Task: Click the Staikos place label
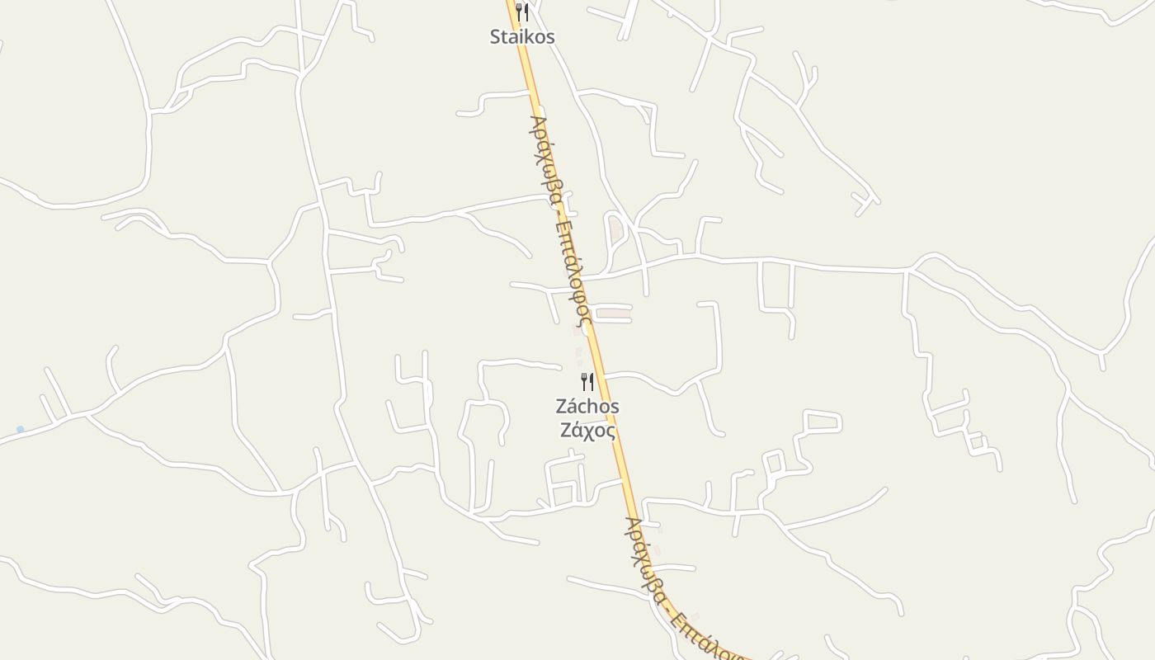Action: click(522, 37)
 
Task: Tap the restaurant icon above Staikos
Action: click(521, 12)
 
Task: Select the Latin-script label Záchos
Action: click(587, 407)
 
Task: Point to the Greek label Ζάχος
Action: click(587, 430)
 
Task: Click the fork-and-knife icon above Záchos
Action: click(587, 381)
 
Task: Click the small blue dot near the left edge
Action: click(20, 430)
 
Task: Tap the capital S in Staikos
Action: click(495, 37)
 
